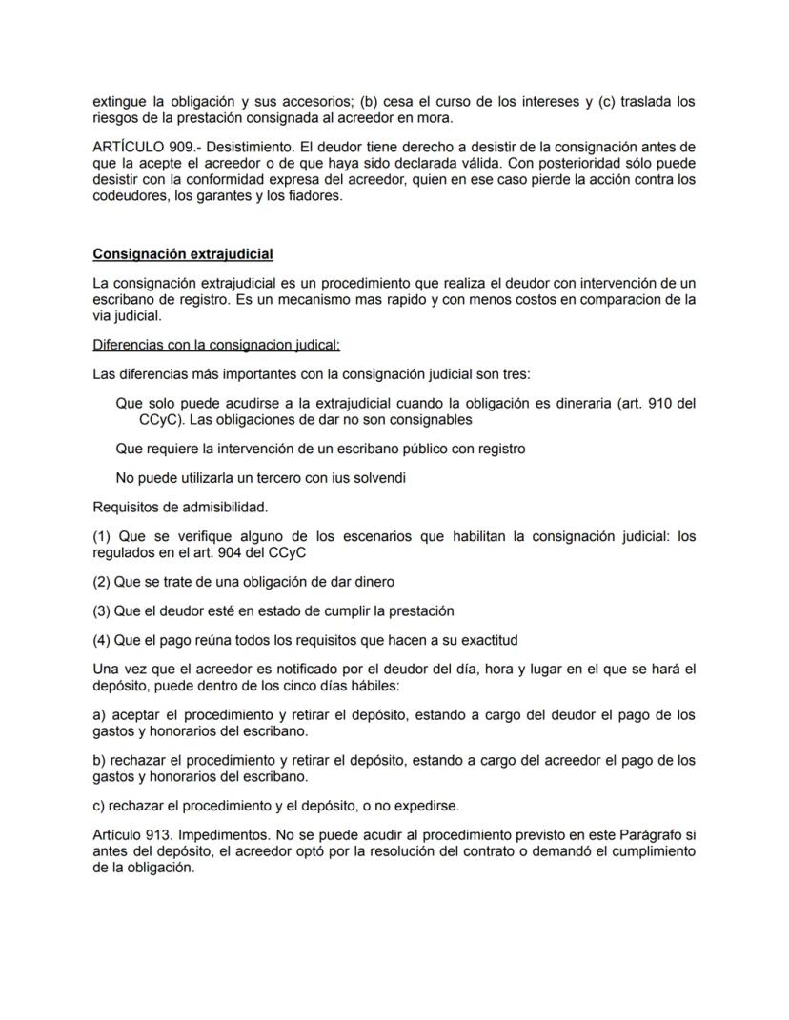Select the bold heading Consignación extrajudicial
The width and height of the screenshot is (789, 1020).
pyautogui.click(x=183, y=254)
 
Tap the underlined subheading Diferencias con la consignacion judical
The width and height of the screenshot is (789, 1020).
pyautogui.click(x=216, y=344)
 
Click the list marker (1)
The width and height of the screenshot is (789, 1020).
pyautogui.click(x=102, y=537)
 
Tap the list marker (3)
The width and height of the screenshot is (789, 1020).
pyautogui.click(x=102, y=610)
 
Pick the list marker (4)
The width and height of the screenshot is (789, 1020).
pyautogui.click(x=102, y=640)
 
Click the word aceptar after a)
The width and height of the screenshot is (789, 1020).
pyautogui.click(x=139, y=714)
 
